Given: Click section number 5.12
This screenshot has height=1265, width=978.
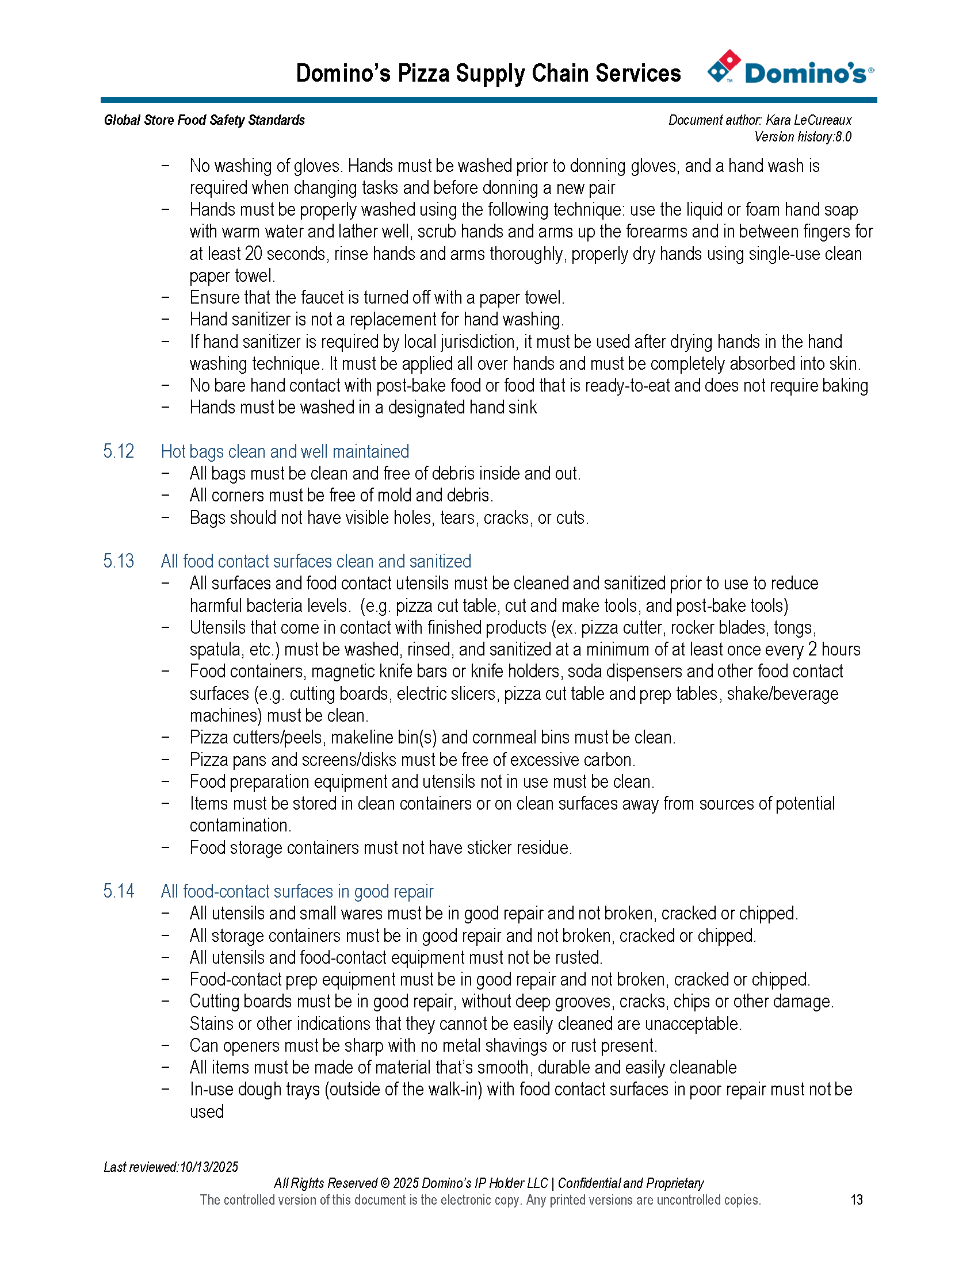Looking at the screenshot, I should tap(119, 451).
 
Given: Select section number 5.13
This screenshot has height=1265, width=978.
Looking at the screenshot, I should tap(119, 561).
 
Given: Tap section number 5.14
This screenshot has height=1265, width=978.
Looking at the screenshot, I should tap(119, 891).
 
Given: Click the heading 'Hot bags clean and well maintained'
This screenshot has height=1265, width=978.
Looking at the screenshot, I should tap(284, 451).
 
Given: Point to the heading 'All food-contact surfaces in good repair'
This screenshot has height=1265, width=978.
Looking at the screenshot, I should tap(297, 891).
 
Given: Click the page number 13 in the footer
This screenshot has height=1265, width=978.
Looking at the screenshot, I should tap(857, 1199).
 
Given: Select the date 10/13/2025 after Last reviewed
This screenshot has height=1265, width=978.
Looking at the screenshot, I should tap(209, 1167).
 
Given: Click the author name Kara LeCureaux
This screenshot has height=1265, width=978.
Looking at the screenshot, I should tap(808, 120).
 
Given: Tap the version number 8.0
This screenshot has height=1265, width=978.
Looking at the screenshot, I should tap(843, 137).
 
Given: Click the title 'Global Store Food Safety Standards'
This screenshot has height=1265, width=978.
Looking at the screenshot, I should tap(204, 120).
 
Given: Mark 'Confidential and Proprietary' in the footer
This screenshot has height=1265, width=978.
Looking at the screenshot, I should tap(631, 1183).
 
